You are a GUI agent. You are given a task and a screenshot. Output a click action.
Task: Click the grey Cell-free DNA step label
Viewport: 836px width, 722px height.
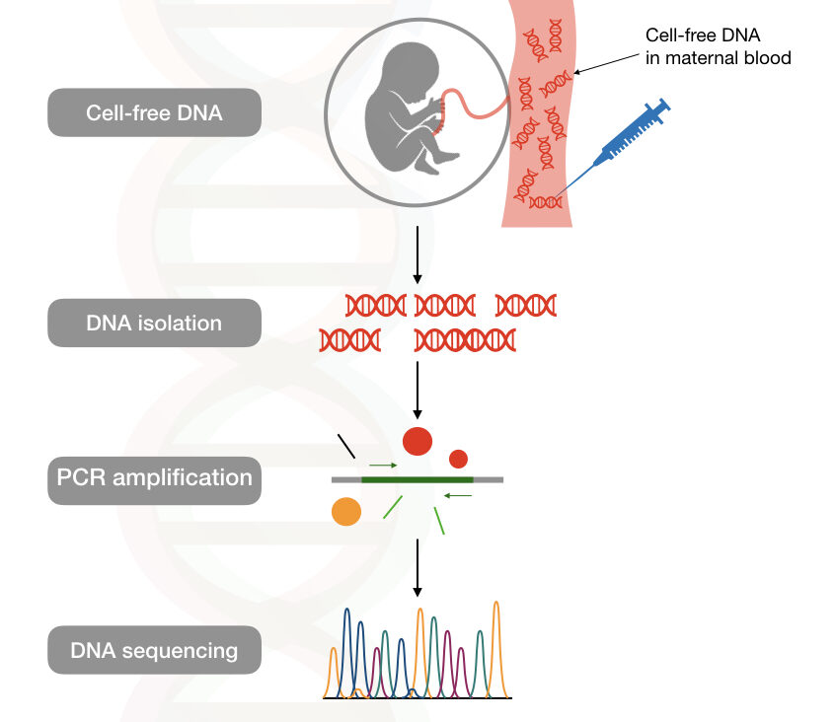(154, 111)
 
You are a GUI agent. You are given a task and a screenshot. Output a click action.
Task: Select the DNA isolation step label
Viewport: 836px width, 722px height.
(154, 323)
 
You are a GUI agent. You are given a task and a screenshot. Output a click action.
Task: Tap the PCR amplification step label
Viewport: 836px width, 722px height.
(154, 478)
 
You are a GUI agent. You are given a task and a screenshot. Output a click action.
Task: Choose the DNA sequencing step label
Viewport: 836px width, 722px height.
(154, 650)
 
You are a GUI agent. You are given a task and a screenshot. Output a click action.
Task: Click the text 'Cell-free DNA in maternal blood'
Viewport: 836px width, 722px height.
(718, 46)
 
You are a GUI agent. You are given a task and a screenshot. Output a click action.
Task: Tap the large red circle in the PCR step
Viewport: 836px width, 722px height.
(417, 441)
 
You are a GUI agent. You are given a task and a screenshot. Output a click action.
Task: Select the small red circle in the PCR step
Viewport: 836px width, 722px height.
(458, 458)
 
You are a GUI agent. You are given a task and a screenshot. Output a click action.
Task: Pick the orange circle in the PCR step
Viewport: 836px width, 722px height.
(345, 511)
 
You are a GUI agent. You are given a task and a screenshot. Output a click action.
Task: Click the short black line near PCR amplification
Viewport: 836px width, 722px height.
(346, 447)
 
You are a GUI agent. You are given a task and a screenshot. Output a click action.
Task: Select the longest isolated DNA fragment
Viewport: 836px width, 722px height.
(465, 340)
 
